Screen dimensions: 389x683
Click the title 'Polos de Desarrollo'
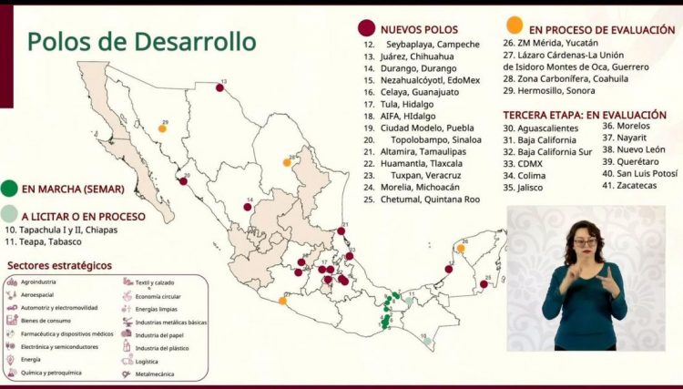[x=140, y=42]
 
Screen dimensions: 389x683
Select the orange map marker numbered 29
[x=162, y=128]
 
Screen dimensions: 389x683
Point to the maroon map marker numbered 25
[x=484, y=284]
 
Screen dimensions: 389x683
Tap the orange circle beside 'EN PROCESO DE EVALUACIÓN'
[x=515, y=25]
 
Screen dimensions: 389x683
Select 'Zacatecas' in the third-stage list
[x=628, y=186]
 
